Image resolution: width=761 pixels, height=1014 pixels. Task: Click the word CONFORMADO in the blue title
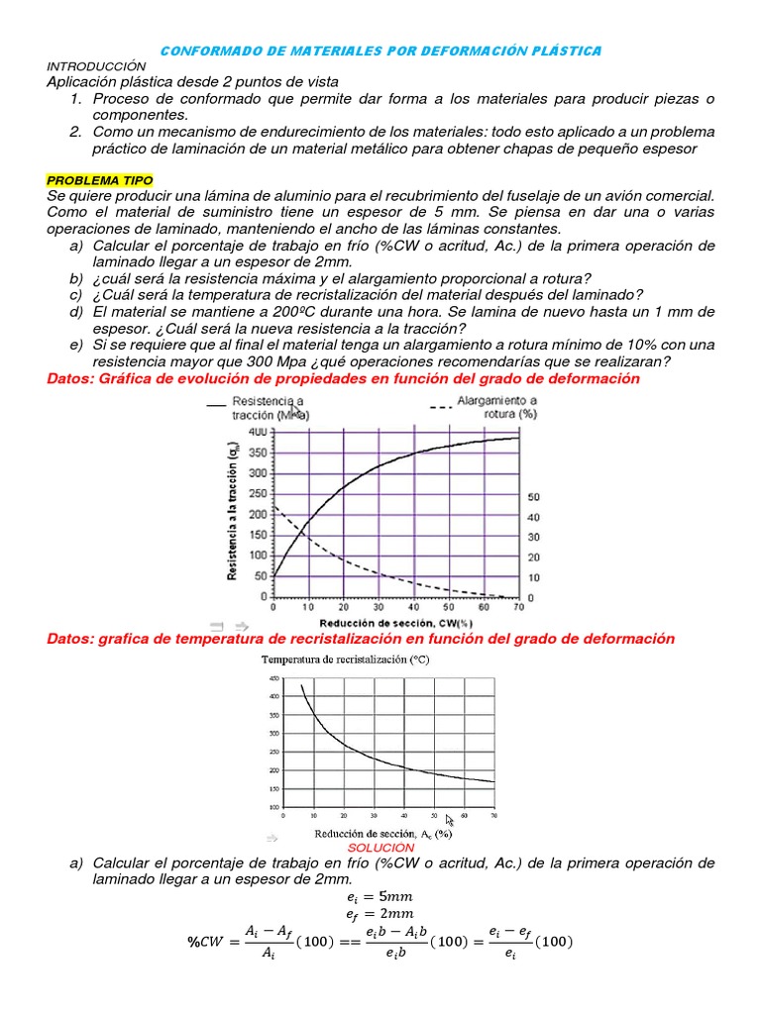point(207,51)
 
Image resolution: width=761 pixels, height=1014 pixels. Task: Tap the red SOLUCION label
point(380,849)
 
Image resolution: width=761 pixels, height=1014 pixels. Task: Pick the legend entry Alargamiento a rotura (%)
point(496,407)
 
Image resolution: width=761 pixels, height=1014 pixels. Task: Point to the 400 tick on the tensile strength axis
point(254,433)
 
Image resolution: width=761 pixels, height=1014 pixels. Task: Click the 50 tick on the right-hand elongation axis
point(532,497)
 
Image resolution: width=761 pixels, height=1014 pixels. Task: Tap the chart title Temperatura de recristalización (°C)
point(345,659)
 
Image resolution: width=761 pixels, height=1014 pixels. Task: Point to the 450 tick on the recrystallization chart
point(274,678)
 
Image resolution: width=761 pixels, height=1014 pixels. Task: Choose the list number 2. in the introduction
point(76,132)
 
